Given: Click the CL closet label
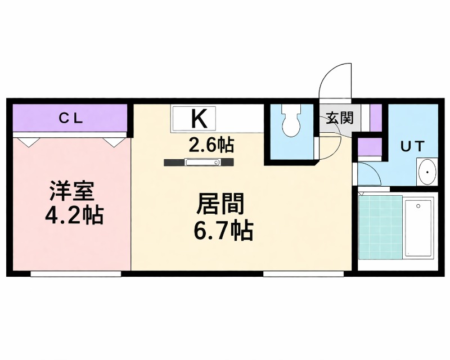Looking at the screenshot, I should [71, 118].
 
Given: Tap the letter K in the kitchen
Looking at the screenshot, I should [197, 118].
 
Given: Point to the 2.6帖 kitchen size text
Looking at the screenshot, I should [211, 145].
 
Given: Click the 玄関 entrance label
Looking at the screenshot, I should [340, 118].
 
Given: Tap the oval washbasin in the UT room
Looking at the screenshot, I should [427, 172].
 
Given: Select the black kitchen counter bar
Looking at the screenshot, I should [199, 163].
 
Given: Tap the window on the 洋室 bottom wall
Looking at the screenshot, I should [75, 274].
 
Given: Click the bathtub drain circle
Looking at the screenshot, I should [418, 206].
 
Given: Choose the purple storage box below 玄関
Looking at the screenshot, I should [369, 148].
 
